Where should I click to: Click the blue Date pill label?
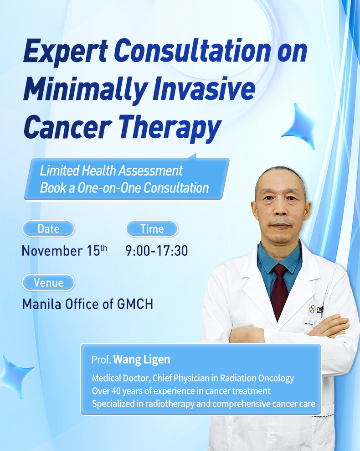[x=48, y=228]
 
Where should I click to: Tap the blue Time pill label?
[x=152, y=228]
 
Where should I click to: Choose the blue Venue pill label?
[x=48, y=282]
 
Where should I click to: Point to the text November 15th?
[x=64, y=251]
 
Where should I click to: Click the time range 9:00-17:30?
[x=156, y=251]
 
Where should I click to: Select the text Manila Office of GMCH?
[x=87, y=304]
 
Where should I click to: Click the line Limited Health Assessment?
[x=111, y=171]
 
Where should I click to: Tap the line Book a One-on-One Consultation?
[x=124, y=188]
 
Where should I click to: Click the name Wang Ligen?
[x=142, y=359]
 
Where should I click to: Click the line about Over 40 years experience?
[x=181, y=391]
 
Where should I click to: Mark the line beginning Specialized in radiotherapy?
[x=203, y=404]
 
